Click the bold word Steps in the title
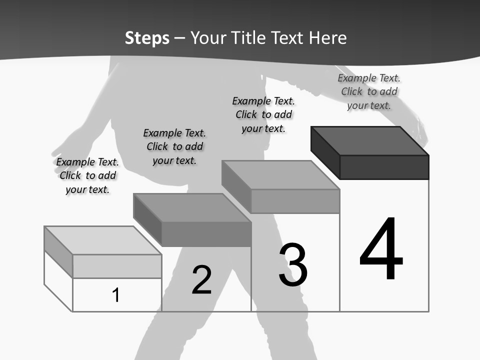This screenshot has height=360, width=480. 147,38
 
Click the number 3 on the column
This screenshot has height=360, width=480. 293,265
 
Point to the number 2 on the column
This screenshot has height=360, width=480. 202,279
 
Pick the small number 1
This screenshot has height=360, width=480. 116,295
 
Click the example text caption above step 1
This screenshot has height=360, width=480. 87,175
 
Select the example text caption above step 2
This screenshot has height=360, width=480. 174,146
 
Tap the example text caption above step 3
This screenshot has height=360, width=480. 263,114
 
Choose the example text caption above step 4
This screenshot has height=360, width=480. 369,91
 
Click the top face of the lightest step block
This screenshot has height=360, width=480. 103,240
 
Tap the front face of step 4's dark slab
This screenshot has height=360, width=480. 384,167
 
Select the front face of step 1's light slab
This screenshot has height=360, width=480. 117,266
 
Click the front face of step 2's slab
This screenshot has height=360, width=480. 206,234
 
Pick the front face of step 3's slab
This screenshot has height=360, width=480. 295,201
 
